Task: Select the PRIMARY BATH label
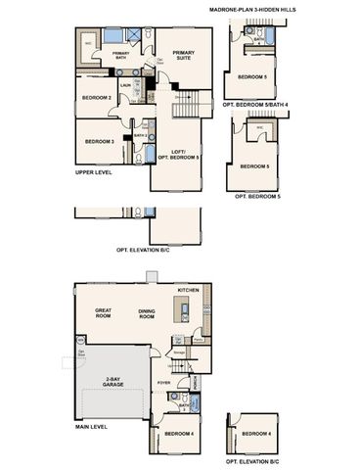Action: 120,56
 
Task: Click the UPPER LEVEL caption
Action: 94,173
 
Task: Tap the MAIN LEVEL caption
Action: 92,427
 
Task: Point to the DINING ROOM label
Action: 149,314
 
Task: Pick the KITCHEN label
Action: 188,291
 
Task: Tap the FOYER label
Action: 164,383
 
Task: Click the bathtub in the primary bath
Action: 90,44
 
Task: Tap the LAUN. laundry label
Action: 125,85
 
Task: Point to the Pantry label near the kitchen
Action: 198,340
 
